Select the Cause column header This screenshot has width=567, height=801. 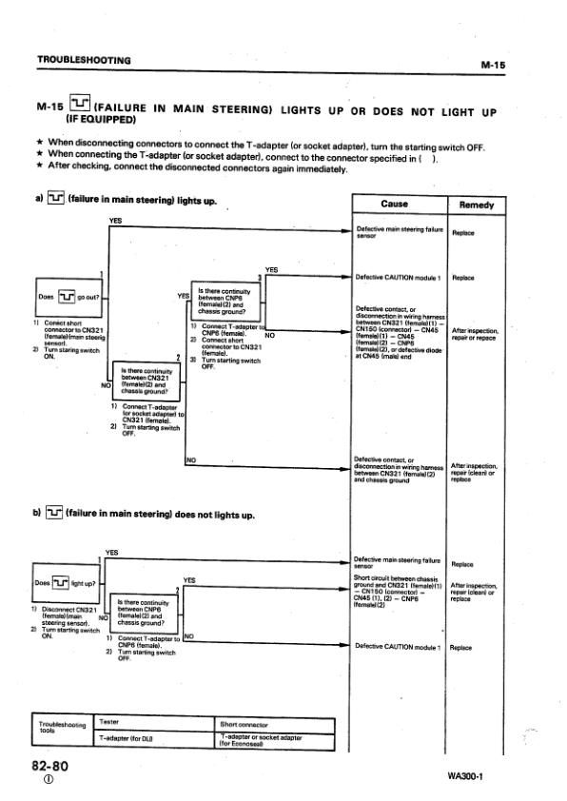click(x=394, y=205)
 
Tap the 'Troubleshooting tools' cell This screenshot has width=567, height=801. click(x=61, y=730)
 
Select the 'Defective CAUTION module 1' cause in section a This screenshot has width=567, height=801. click(x=394, y=277)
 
